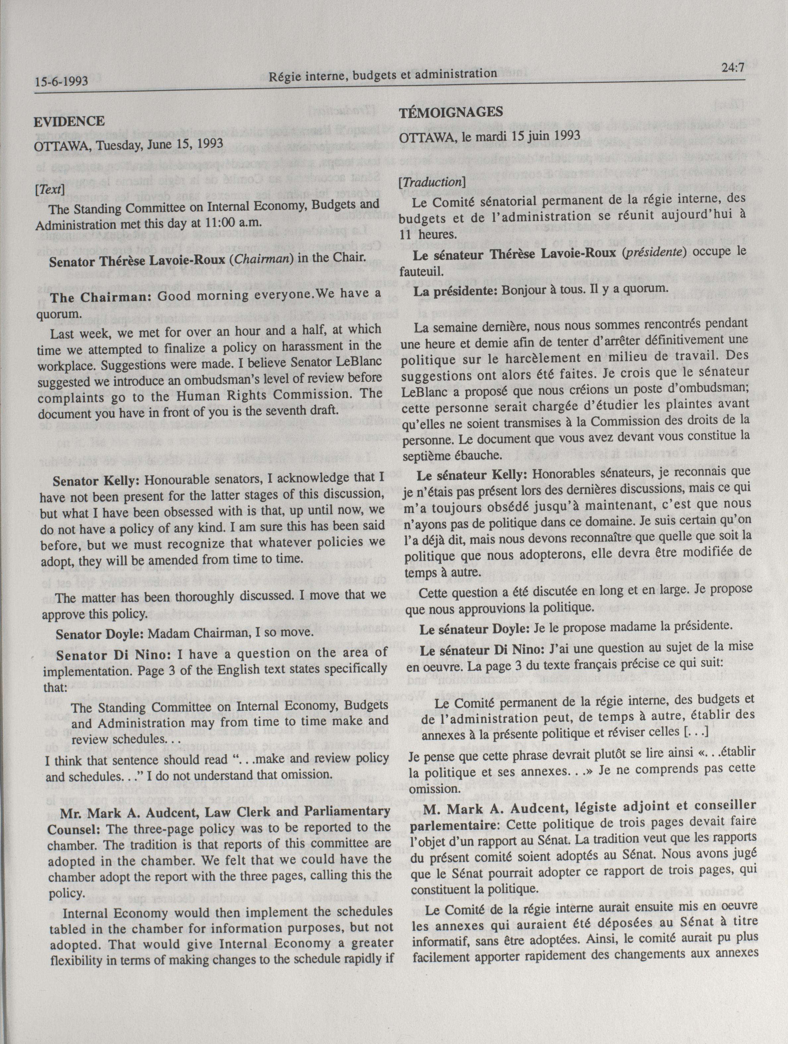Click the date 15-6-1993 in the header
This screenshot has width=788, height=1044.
click(x=61, y=81)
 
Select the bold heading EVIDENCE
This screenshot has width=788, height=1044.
click(x=69, y=121)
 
